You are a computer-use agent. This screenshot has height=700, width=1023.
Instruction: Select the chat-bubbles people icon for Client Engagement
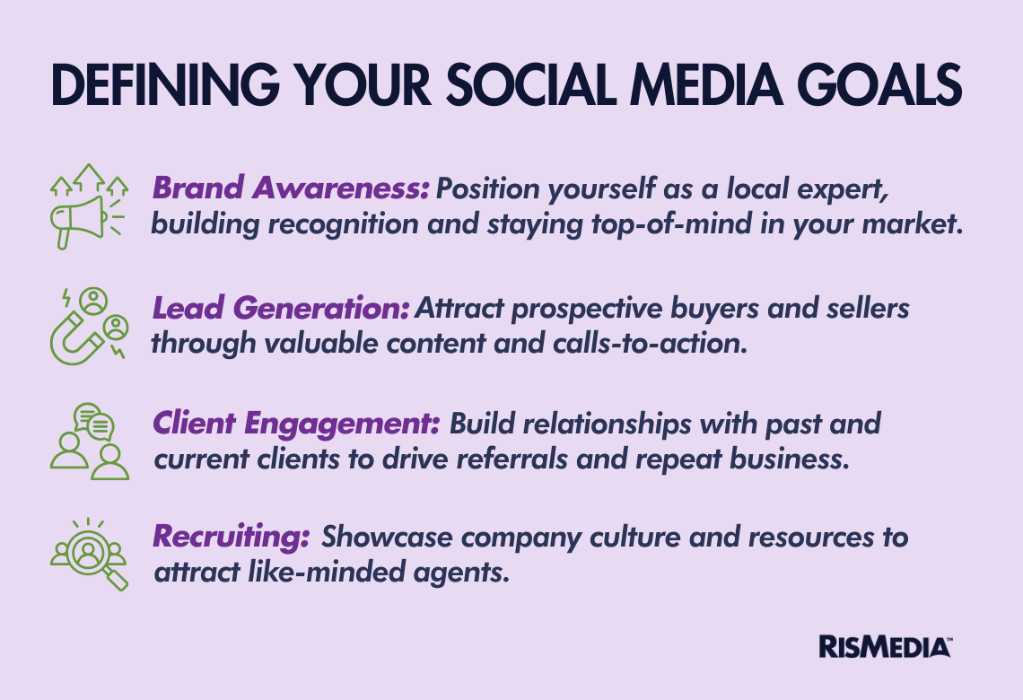pos(90,442)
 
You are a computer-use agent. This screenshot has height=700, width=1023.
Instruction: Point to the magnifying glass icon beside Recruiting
pos(90,555)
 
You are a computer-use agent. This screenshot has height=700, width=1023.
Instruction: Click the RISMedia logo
pos(886,646)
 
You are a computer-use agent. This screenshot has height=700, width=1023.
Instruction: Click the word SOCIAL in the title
pos(531,85)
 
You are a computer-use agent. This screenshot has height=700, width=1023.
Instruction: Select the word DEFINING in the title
pos(165,85)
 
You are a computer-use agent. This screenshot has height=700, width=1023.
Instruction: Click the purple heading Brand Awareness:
pos(291,188)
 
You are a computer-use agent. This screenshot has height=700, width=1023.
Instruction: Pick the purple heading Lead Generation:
pos(281,308)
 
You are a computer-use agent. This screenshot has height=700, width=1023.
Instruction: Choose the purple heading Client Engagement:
pos(296,424)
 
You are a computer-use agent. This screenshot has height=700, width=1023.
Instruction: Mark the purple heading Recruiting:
pos(231,537)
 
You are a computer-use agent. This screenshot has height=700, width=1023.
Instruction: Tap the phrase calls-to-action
pos(650,343)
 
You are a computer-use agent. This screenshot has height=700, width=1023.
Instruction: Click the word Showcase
pos(387,537)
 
